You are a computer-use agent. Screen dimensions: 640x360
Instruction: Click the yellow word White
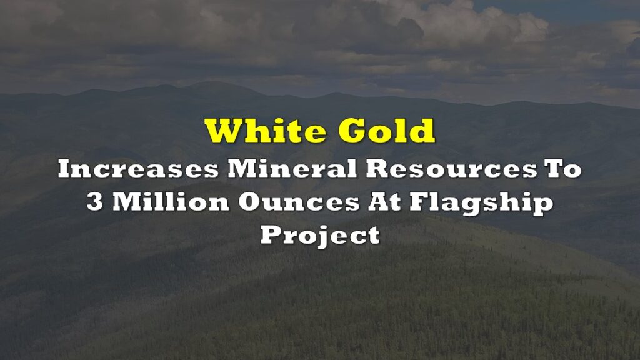(x=265, y=131)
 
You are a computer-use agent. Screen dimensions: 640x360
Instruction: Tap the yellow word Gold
(x=386, y=131)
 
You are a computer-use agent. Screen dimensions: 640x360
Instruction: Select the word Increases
(x=138, y=169)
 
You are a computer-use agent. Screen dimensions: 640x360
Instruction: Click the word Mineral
(x=292, y=169)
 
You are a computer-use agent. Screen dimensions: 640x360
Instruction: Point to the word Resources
(x=451, y=169)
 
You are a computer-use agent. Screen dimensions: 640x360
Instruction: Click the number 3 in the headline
(x=95, y=202)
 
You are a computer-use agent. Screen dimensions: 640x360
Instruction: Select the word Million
(x=171, y=202)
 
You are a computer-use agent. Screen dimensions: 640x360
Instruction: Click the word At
(x=384, y=202)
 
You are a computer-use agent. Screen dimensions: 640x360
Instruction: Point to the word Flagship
(x=481, y=204)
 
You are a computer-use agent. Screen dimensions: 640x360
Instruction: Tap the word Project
(x=321, y=236)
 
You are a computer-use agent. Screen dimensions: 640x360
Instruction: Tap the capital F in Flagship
(x=419, y=202)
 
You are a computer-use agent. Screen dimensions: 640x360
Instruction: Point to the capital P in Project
(x=272, y=235)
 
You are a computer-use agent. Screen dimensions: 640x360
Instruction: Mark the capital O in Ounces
(x=250, y=202)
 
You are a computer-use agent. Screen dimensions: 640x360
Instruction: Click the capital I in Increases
(x=64, y=169)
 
